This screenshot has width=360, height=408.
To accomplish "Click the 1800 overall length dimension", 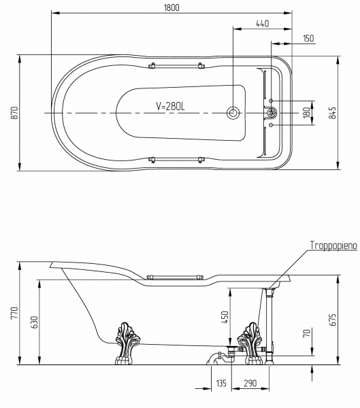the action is (x=171, y=7).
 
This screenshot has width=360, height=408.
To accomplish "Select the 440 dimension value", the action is (x=262, y=24).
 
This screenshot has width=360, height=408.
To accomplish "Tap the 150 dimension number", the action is (x=309, y=38).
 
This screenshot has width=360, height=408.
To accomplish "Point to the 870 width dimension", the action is (x=16, y=113).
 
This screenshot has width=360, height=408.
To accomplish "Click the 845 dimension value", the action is (x=332, y=113).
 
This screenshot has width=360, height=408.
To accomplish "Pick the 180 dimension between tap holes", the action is (x=307, y=113).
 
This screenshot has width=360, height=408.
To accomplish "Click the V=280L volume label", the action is (x=170, y=106).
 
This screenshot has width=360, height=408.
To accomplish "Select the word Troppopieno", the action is (x=333, y=245).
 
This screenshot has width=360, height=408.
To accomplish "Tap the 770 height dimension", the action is (x=14, y=313).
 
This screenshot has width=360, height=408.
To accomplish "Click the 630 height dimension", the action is (x=35, y=322).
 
